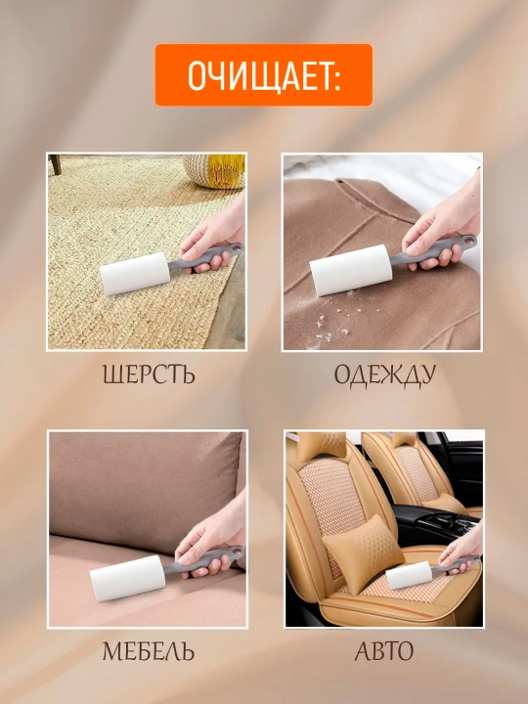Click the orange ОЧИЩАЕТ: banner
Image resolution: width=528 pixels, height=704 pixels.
[x=264, y=75]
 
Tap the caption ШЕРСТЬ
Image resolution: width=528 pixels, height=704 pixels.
[x=149, y=374]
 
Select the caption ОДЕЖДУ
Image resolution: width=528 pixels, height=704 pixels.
[x=385, y=375]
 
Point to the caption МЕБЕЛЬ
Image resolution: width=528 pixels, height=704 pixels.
[x=149, y=651]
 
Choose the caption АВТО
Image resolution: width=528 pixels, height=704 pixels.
[x=384, y=651]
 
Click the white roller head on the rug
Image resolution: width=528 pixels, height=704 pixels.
[x=135, y=274]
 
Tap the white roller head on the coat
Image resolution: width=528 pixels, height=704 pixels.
[x=351, y=270]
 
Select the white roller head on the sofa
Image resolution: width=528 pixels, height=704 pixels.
[x=127, y=578]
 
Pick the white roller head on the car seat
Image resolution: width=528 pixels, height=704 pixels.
[x=409, y=575]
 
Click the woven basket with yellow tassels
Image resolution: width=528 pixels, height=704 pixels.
[x=214, y=171]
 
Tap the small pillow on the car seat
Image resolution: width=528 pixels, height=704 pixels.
[x=363, y=554]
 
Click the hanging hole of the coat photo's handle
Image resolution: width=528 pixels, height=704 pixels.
[x=468, y=242]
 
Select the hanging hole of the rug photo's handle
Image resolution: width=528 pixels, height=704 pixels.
[x=236, y=248]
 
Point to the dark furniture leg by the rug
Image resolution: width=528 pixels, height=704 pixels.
[x=55, y=164]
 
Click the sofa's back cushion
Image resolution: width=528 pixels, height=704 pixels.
[x=145, y=492]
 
